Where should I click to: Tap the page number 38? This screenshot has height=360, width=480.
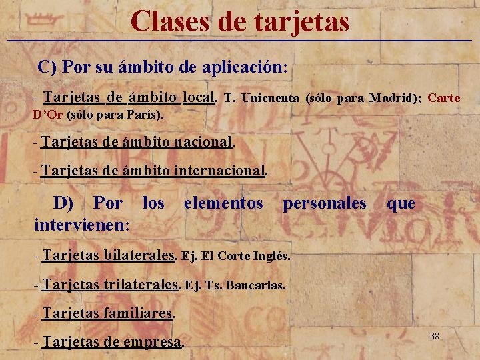tap(435, 336)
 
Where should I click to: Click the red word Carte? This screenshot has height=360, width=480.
tap(444, 98)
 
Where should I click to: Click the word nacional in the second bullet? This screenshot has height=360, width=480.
tap(203, 141)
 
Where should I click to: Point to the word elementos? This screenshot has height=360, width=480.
tap(223, 203)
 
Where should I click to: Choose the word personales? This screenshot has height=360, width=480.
tap(325, 203)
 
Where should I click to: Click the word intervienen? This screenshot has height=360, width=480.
tap(77, 225)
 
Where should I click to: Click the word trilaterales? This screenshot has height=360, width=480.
tap(141, 285)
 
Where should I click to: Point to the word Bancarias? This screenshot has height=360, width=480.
tap(255, 285)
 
